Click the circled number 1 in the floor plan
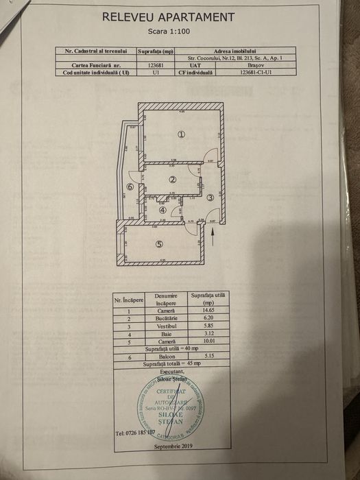point(181,134)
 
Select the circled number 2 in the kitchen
point(173,180)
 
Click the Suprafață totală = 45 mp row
point(167,365)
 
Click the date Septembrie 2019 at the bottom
point(174,446)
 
